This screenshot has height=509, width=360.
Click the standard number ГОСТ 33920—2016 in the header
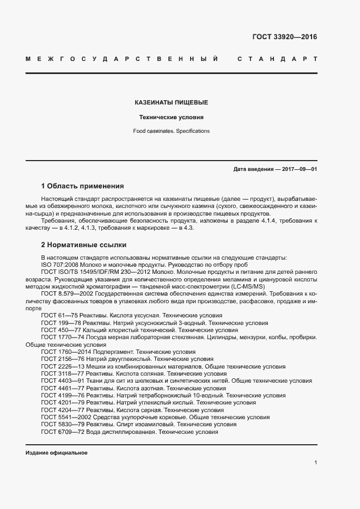[x=284, y=38]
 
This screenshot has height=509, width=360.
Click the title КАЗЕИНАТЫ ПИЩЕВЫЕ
[x=171, y=102]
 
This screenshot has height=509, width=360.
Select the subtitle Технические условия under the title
[x=171, y=117]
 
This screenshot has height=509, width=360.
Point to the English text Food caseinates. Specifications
[x=171, y=131]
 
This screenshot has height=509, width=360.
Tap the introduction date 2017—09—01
[x=299, y=169]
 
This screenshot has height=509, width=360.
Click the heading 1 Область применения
[x=83, y=186]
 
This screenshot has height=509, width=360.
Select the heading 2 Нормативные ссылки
[x=83, y=245]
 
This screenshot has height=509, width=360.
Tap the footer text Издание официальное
[x=57, y=452]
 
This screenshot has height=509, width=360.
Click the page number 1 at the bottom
[x=315, y=463]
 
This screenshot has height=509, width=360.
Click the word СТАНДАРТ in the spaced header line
[x=277, y=58]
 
